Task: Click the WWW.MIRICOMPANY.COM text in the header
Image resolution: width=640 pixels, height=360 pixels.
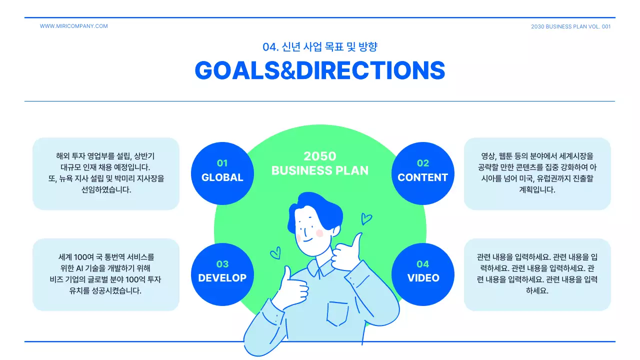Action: [73, 26]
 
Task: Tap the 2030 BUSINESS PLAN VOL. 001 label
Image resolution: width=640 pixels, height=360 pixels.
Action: [570, 26]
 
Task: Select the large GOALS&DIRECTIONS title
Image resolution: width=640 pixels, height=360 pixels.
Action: [319, 70]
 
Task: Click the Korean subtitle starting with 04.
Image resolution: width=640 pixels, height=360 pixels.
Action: [319, 47]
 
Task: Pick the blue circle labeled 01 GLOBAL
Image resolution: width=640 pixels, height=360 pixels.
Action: [222, 173]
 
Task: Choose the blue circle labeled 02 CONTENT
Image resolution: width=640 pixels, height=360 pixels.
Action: [422, 173]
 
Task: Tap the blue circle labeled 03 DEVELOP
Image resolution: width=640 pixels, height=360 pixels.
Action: [222, 274]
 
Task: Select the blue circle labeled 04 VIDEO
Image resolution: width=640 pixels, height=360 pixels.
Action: [422, 274]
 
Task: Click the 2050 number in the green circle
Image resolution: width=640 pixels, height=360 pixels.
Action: [320, 156]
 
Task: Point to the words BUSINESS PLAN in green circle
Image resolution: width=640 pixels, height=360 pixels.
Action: [320, 170]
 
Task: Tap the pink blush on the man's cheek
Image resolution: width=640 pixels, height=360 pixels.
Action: [319, 233]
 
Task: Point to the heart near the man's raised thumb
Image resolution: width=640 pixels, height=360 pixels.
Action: [366, 218]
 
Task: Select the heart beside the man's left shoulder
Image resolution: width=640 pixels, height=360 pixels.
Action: [275, 253]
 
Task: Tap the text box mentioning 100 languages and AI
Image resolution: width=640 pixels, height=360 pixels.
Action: [105, 274]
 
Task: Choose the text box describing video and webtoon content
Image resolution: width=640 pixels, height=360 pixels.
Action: [537, 173]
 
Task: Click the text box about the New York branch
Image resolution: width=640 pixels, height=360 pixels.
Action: [105, 173]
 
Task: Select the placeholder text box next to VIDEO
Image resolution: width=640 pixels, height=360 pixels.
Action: [537, 274]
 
